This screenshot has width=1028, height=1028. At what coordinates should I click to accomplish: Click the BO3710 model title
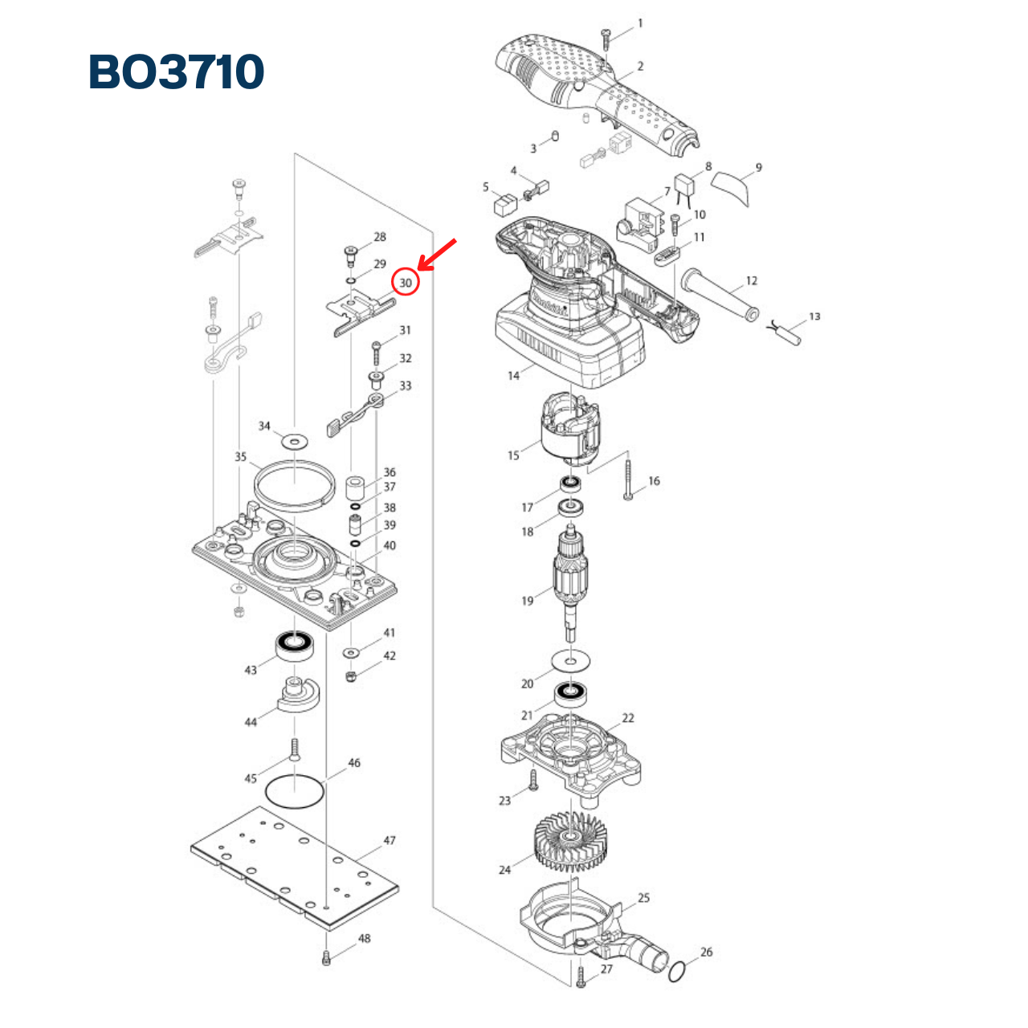tap(176, 71)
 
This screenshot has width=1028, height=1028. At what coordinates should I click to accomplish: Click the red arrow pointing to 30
tap(438, 255)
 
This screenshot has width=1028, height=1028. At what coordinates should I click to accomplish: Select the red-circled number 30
tap(406, 283)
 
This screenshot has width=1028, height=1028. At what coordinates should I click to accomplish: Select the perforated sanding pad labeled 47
tap(295, 867)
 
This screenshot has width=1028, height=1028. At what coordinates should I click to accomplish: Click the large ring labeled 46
tap(295, 793)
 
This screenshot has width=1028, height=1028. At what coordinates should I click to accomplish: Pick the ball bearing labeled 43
tap(295, 644)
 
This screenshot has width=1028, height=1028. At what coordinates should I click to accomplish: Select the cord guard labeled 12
tap(719, 294)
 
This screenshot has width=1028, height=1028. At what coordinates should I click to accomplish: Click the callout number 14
tap(514, 375)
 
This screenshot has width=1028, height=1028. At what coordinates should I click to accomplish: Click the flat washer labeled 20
tap(571, 662)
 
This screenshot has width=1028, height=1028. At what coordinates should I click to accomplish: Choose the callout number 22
tap(628, 718)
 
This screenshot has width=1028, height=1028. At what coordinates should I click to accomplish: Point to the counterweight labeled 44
tap(297, 694)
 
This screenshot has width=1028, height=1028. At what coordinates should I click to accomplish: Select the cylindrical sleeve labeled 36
tap(355, 488)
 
